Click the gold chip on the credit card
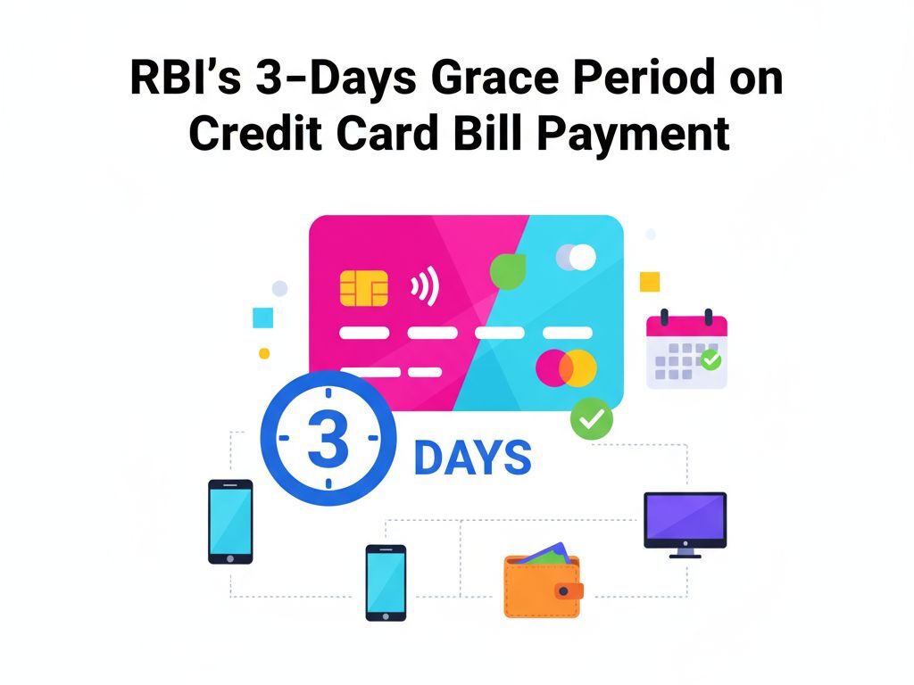click(x=364, y=288)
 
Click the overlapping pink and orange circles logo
click(x=566, y=367)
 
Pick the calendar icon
click(x=686, y=349)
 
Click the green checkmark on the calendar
click(x=710, y=360)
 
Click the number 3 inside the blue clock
click(x=328, y=439)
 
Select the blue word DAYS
click(x=473, y=458)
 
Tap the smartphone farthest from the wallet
click(x=230, y=522)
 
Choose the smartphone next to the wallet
click(x=386, y=582)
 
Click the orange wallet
click(x=541, y=585)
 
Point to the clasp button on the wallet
click(x=565, y=590)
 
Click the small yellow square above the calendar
click(x=650, y=282)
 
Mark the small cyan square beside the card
click(x=262, y=318)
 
